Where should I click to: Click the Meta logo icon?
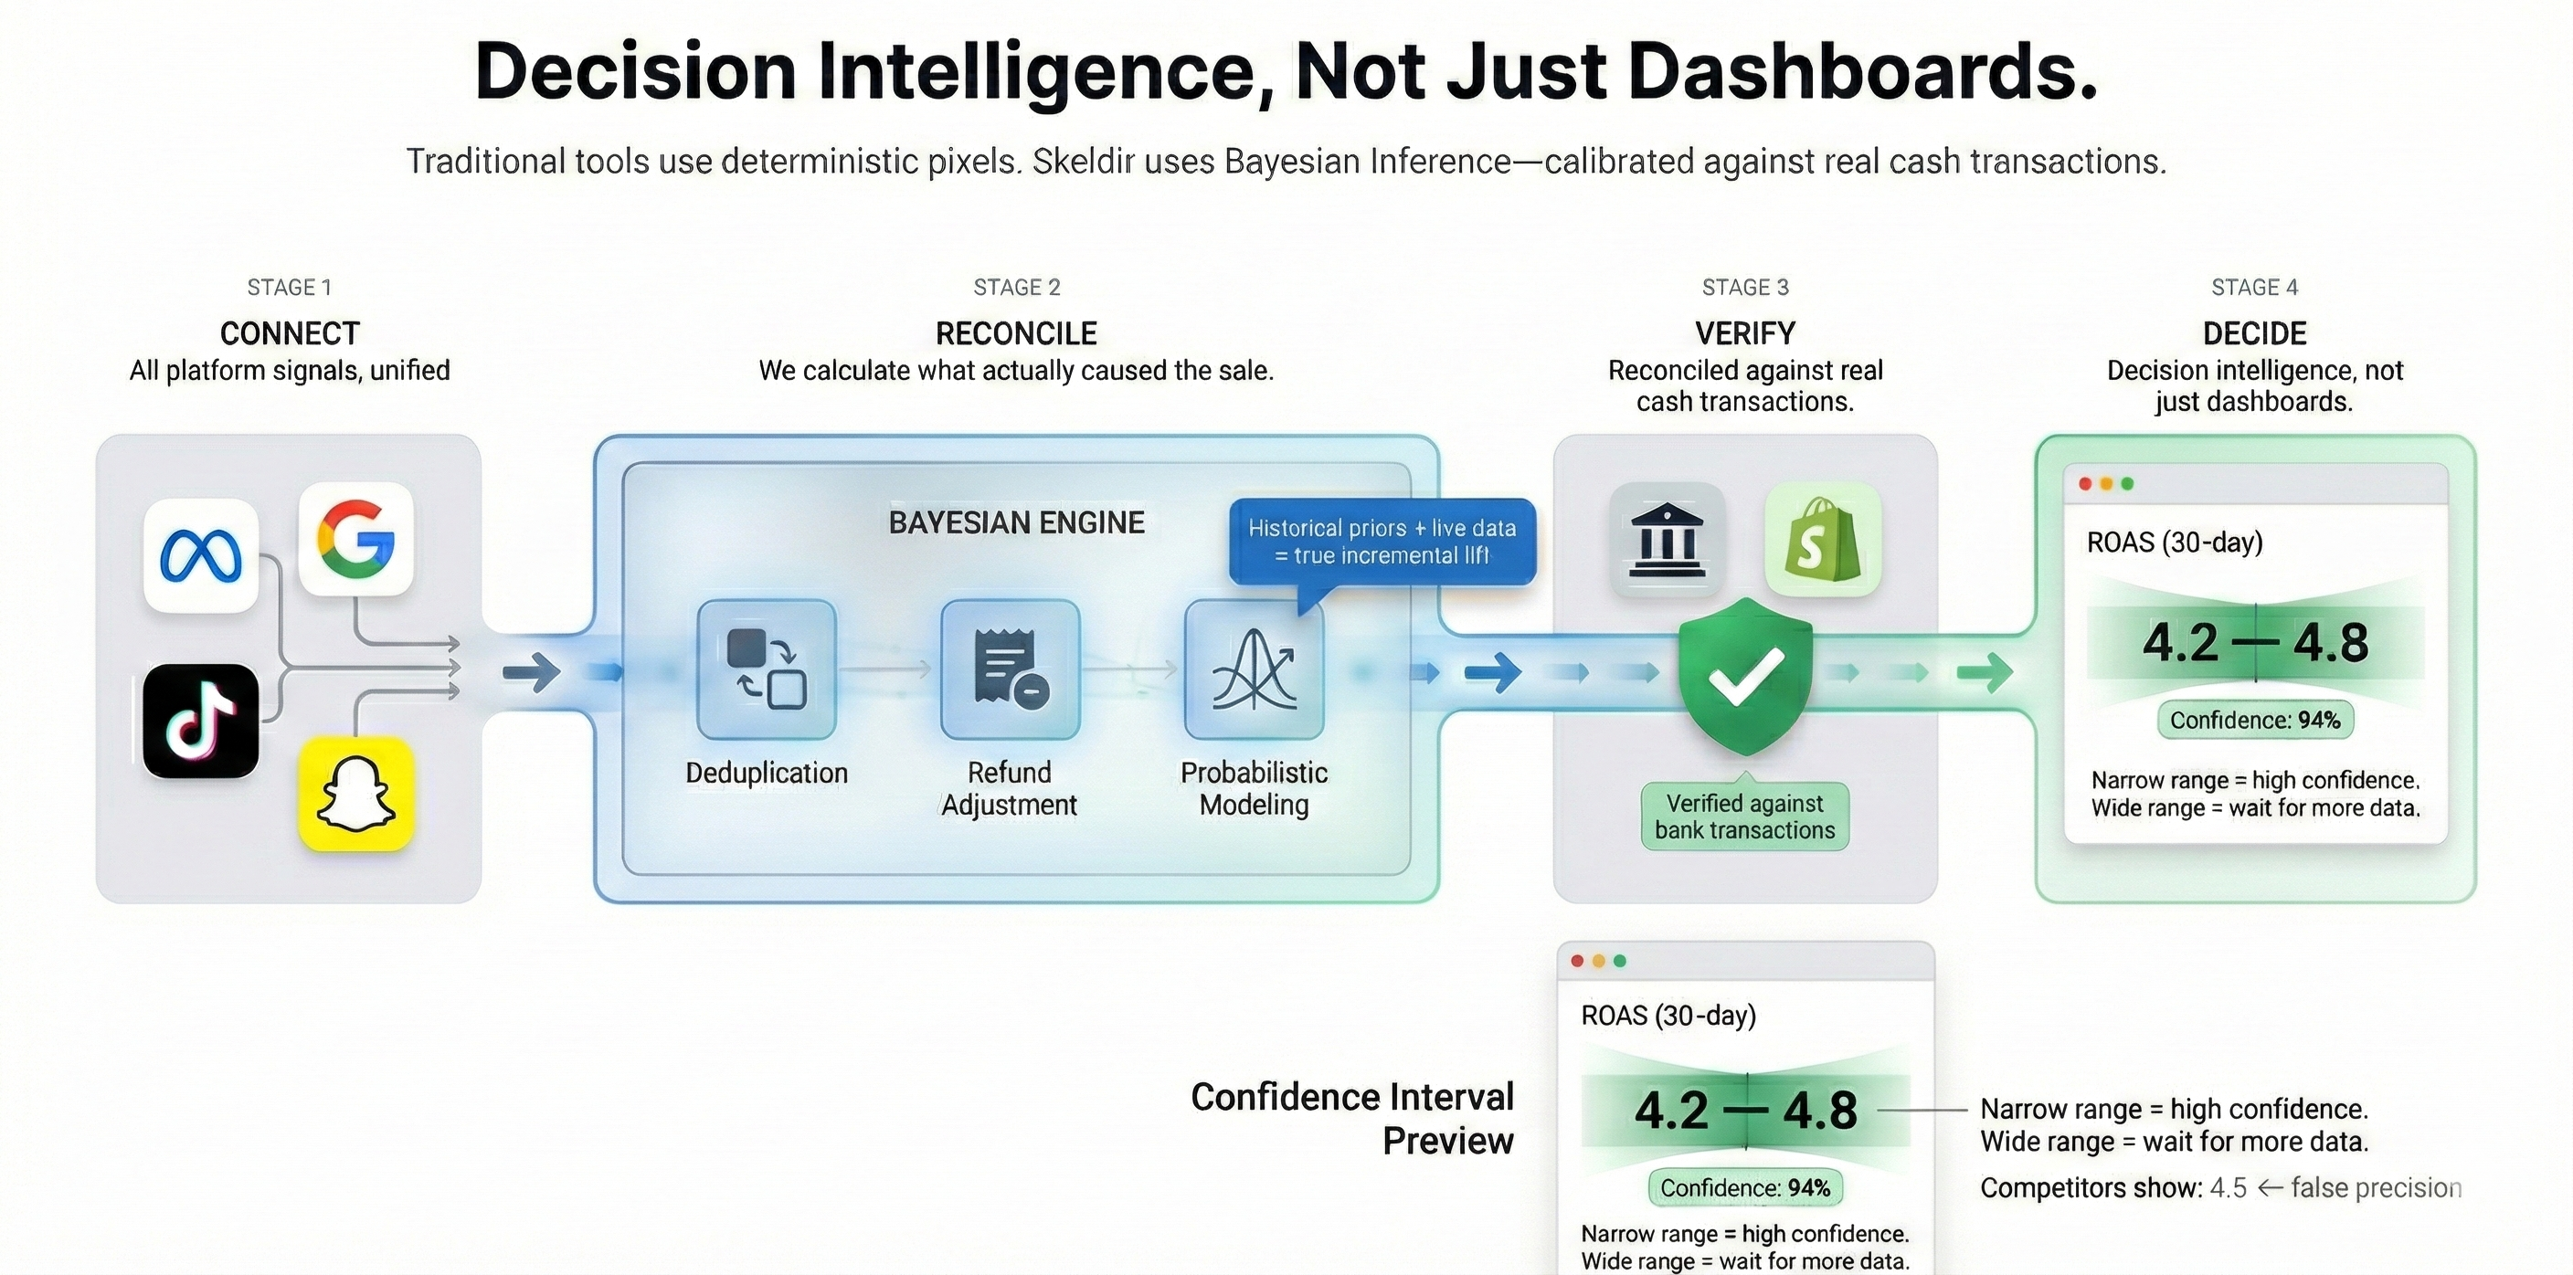201,555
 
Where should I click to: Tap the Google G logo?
355,539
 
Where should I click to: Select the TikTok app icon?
201,721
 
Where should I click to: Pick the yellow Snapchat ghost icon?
355,794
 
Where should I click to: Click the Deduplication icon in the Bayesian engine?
766,669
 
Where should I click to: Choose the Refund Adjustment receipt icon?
1010,669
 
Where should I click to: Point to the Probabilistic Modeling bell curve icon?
1254,669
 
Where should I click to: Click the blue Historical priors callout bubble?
1382,542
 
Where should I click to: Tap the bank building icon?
1667,540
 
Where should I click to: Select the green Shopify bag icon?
1823,540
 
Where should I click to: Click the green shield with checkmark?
1745,676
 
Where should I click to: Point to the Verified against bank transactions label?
1745,817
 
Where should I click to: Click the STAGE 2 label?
1017,288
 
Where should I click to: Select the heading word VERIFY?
1745,333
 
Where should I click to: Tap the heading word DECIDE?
2254,333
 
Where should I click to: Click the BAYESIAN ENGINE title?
1017,522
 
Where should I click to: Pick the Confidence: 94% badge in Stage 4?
2254,720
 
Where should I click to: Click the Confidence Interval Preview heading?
1352,1118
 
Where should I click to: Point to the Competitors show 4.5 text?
2112,1188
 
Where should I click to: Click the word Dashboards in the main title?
1862,72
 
